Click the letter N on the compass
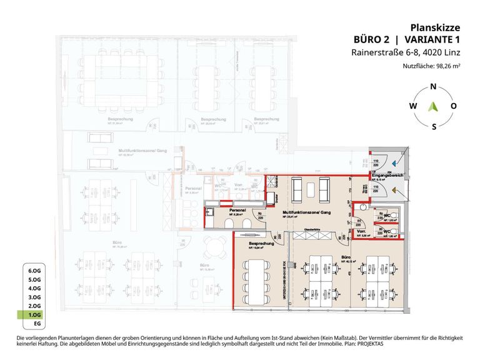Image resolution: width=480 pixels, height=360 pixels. point(433,88)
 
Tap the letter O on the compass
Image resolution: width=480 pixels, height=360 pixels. point(453,106)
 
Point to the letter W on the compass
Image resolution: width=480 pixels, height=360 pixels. point(412,106)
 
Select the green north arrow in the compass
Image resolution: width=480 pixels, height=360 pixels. point(433,107)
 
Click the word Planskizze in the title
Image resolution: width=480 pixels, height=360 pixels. point(435,27)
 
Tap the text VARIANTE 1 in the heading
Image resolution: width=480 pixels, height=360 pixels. point(429,40)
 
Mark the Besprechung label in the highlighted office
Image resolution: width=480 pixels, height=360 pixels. point(259,243)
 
